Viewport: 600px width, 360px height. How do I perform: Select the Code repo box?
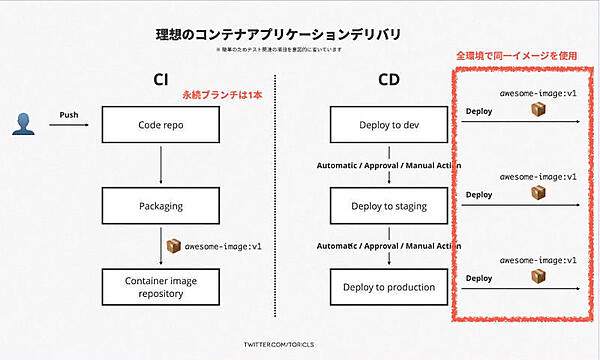[x=160, y=126]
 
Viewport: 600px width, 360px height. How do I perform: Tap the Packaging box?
[x=160, y=207]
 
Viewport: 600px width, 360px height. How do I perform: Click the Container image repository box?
[x=160, y=288]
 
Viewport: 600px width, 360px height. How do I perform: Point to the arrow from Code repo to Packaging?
[x=160, y=167]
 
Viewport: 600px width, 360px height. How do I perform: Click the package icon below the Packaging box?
[x=171, y=245]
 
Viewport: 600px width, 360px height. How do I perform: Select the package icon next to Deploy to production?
[x=540, y=274]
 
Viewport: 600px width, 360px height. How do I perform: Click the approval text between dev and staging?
[x=388, y=165]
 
